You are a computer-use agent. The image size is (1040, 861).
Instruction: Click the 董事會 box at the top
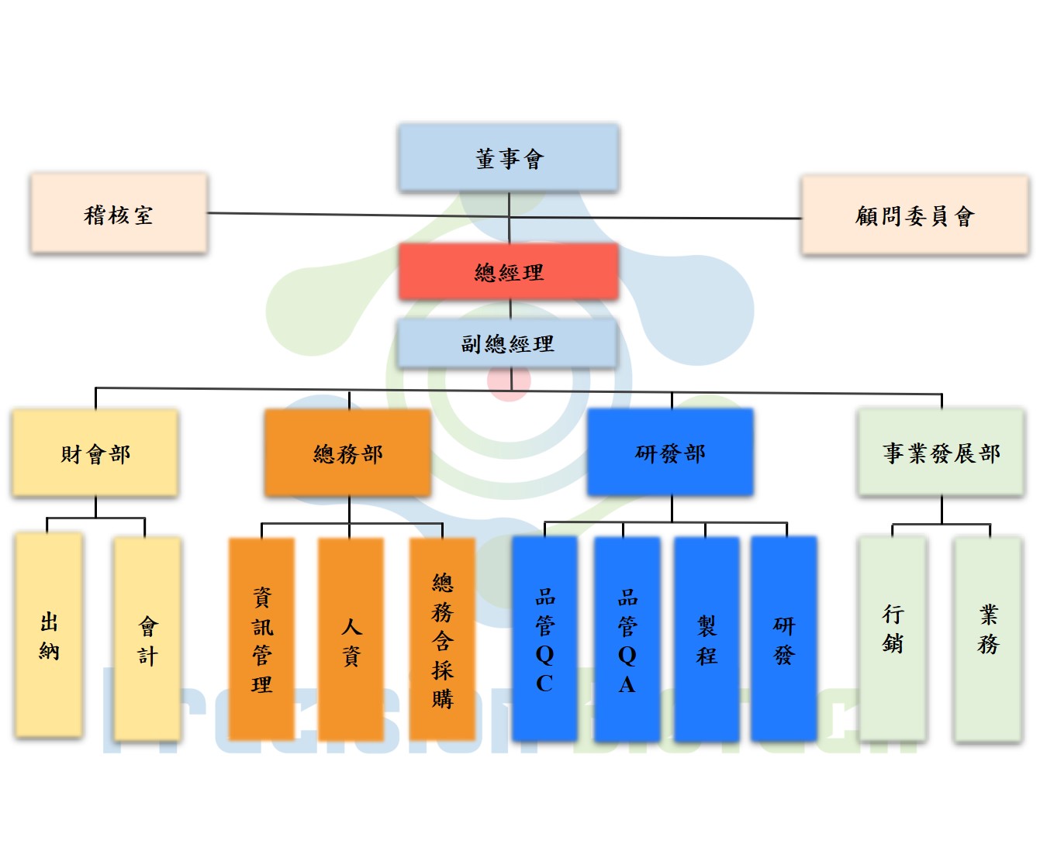[509, 158]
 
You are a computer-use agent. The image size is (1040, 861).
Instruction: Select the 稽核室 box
[119, 213]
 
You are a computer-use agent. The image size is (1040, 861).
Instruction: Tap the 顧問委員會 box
[914, 215]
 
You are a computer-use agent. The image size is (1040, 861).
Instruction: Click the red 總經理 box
[509, 272]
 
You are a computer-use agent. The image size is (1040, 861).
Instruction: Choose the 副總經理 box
[507, 343]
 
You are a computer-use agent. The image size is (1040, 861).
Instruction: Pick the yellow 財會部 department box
[95, 453]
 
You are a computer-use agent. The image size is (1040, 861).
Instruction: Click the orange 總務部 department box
[348, 453]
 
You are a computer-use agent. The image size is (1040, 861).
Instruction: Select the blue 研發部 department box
[670, 453]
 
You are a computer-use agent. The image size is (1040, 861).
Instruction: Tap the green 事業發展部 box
[941, 453]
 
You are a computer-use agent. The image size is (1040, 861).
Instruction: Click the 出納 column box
[49, 635]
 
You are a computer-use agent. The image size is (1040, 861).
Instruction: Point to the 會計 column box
[147, 639]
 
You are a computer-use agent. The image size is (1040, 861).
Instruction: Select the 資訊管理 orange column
[262, 639]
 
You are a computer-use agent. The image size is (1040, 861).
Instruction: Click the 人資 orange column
[351, 639]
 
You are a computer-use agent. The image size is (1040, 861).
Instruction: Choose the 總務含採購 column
[442, 639]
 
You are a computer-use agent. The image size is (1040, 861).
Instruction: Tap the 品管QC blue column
[544, 639]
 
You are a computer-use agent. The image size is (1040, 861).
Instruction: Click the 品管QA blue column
[627, 639]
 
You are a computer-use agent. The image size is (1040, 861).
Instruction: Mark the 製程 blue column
[707, 639]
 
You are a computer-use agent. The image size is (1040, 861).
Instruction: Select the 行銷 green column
[893, 639]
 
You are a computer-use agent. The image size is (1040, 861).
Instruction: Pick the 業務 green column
[988, 639]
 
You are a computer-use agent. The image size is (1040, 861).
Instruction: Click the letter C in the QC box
[544, 684]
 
